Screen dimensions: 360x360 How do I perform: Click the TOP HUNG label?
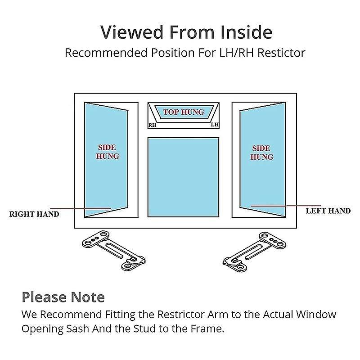[184, 112]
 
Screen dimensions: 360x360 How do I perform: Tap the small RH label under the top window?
[153, 125]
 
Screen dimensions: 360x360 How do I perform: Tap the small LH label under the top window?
[215, 125]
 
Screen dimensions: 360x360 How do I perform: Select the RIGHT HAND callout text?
[34, 214]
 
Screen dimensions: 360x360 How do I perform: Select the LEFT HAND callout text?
[328, 211]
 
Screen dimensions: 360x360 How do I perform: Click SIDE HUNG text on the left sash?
[107, 152]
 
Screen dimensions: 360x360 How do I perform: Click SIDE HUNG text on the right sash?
[261, 153]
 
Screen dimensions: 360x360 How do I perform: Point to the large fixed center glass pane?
[183, 177]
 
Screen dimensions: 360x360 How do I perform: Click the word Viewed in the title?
[131, 32]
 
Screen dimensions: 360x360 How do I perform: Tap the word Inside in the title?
[246, 32]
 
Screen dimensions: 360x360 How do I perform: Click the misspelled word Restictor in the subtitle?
[281, 53]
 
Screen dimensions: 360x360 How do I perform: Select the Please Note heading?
[63, 297]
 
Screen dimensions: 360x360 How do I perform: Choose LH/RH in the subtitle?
[237, 53]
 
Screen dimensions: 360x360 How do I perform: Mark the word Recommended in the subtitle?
[106, 53]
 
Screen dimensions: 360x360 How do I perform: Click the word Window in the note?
[316, 314]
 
